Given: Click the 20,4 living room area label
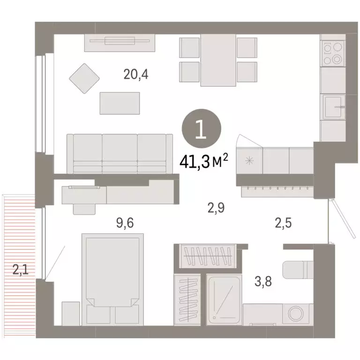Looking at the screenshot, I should pos(136,74).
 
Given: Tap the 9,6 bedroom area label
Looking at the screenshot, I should pos(125,223).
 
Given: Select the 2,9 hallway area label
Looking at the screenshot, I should pos(216,207).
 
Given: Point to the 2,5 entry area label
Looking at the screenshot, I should pos(282,223).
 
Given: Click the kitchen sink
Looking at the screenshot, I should pos(333,107).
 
